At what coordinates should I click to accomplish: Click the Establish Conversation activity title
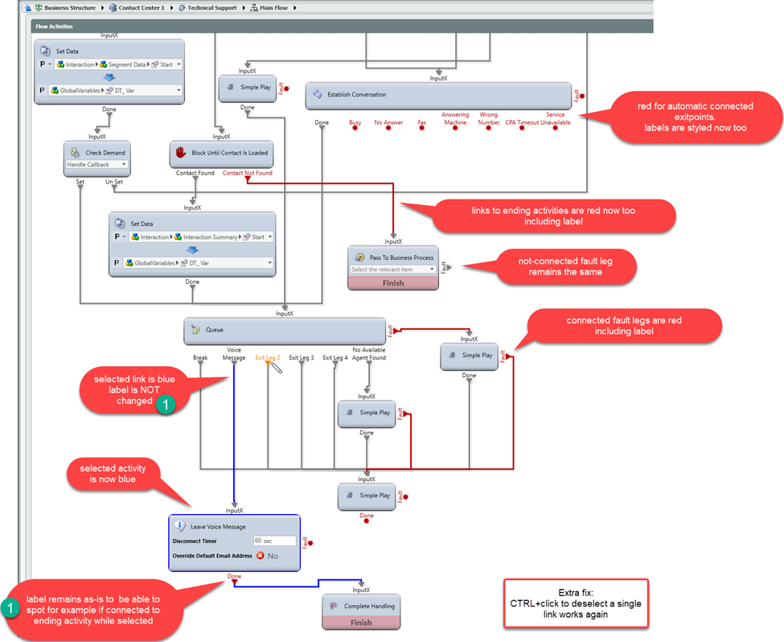356,95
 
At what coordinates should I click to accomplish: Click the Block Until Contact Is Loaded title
230,153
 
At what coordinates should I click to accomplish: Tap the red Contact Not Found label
247,173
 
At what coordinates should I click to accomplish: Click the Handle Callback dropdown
96,165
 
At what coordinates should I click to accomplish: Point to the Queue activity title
215,330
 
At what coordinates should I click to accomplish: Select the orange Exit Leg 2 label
267,357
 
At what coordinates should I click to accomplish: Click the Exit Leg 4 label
335,357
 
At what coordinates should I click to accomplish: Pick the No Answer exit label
388,123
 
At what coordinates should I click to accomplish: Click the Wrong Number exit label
489,119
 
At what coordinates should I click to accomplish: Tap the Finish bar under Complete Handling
361,622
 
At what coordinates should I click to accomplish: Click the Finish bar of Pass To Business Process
393,283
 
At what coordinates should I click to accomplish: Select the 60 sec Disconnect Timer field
273,541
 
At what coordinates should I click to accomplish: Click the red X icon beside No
261,556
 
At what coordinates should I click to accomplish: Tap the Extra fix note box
576,603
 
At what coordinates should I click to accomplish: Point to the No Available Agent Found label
368,353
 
